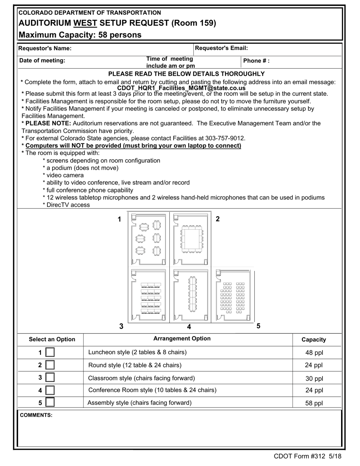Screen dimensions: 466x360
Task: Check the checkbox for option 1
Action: click(x=50, y=352)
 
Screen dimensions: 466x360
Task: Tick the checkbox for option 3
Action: click(x=50, y=378)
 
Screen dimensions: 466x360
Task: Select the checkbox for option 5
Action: click(x=50, y=403)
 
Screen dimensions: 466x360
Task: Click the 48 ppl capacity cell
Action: click(x=314, y=353)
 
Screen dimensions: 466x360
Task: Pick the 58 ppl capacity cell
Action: click(x=314, y=403)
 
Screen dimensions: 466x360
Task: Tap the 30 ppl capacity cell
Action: click(x=314, y=378)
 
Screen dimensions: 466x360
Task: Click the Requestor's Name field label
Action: click(x=45, y=48)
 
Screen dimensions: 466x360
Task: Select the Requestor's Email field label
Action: click(x=221, y=48)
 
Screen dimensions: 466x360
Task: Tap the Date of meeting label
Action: click(x=42, y=61)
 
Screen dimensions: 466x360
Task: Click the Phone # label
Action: click(x=256, y=61)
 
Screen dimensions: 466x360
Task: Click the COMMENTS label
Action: click(x=36, y=415)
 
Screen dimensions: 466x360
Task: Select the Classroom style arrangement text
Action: click(x=141, y=378)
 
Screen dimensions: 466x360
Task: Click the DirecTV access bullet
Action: click(x=67, y=205)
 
